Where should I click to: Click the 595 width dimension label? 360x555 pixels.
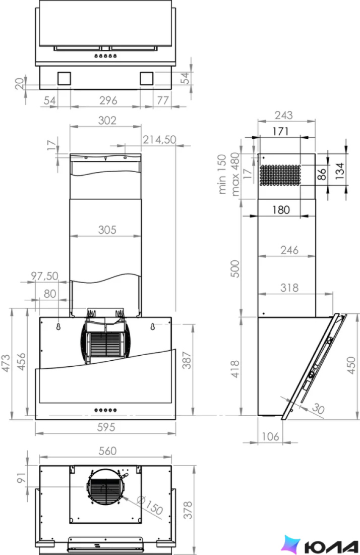(x=106, y=427)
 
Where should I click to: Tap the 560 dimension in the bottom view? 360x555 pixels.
(x=107, y=451)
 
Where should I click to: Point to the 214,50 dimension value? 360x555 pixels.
(x=159, y=139)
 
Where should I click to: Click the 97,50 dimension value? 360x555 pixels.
(x=44, y=275)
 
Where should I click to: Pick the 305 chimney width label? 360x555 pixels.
(x=107, y=230)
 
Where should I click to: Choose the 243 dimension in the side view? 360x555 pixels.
(x=284, y=115)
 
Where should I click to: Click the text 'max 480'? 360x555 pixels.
(x=235, y=175)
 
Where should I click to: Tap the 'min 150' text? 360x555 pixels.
(x=222, y=174)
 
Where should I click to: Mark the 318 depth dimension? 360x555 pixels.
(x=289, y=288)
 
